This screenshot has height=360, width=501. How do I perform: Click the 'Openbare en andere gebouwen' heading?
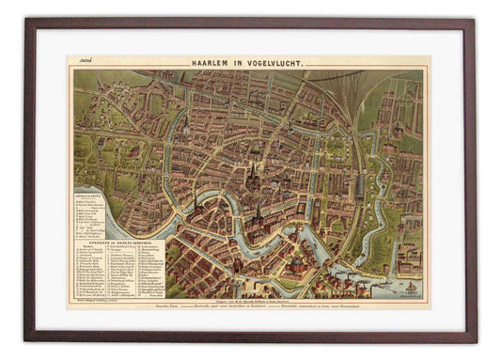(x=117, y=241)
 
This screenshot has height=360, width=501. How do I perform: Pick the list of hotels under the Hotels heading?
(x=90, y=213)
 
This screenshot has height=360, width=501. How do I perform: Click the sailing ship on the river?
(x=412, y=285)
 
